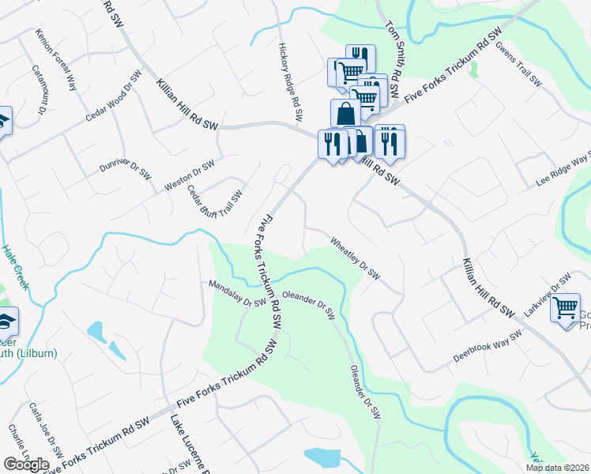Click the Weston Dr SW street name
[x=190, y=175]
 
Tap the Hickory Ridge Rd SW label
[x=290, y=82]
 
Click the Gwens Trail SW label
[x=518, y=63]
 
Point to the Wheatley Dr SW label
[x=356, y=259]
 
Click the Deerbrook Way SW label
[x=488, y=347]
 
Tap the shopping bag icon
[x=345, y=114]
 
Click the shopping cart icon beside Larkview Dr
[x=566, y=307]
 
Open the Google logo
[x=26, y=465]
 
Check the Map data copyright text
[x=558, y=468]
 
